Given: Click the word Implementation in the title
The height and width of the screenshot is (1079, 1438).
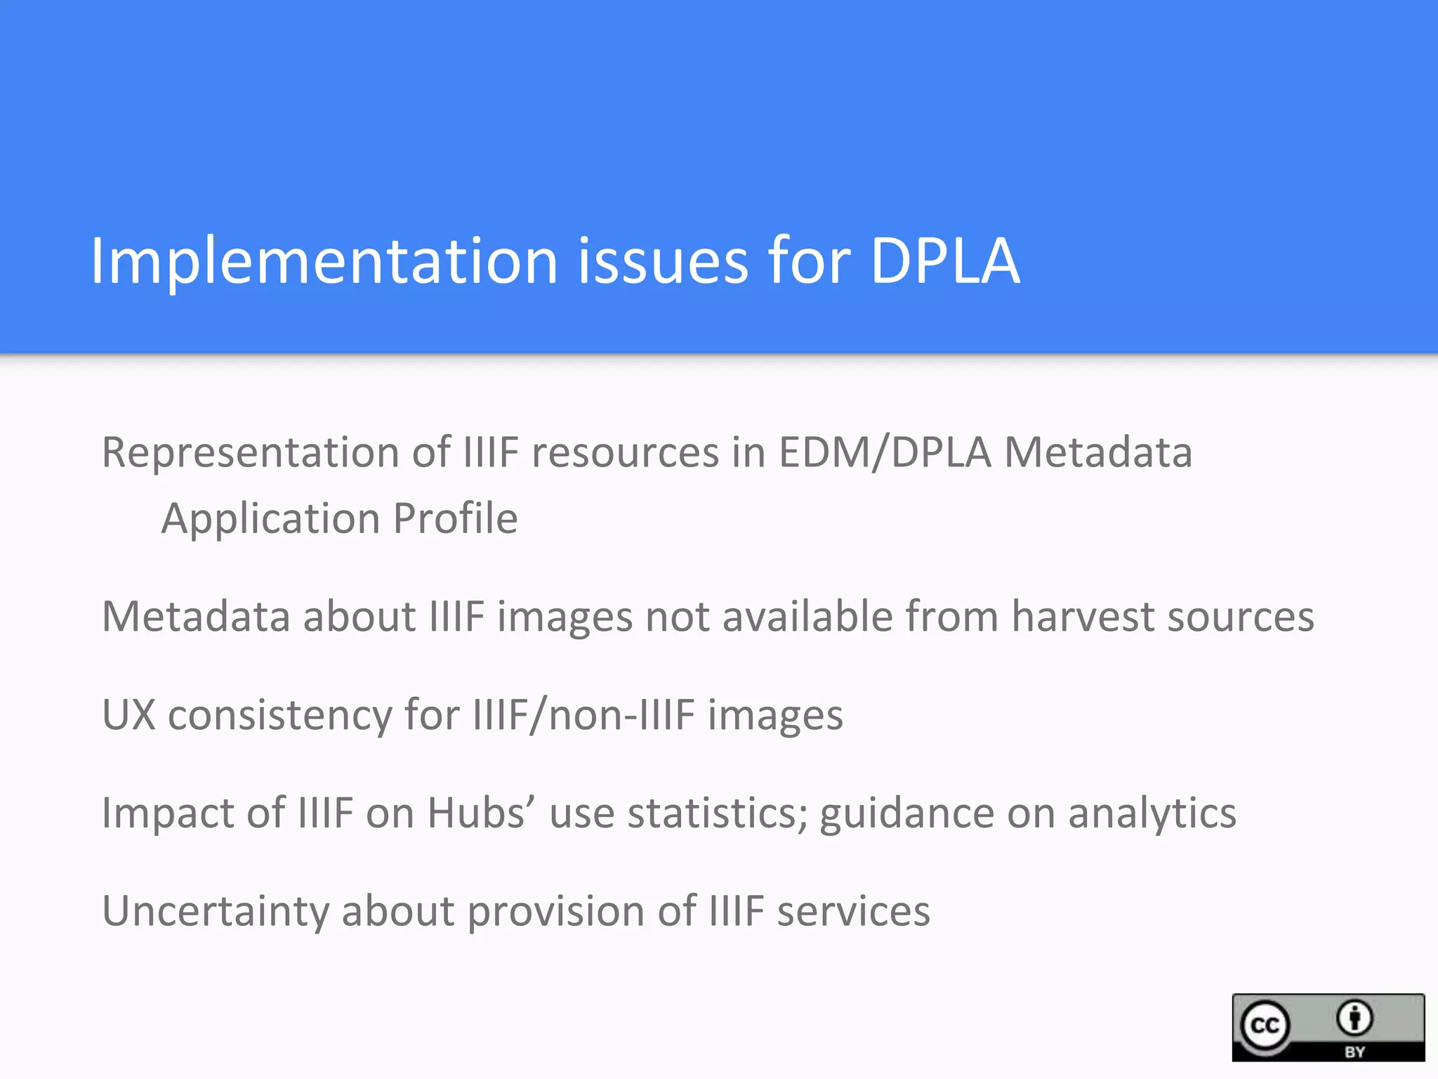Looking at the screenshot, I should (324, 262).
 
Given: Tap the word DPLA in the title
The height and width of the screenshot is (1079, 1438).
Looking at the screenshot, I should (944, 261).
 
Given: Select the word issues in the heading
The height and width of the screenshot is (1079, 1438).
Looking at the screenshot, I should (663, 261).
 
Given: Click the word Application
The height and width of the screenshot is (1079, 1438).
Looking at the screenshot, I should (270, 519).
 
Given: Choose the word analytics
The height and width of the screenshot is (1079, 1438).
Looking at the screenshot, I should (1152, 814).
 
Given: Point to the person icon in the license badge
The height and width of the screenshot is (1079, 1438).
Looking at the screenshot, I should (1354, 1018).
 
